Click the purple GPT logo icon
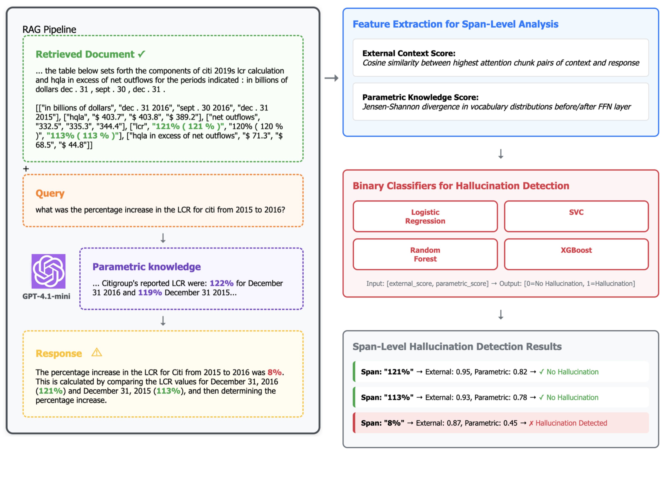[x=49, y=271]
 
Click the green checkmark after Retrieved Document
[x=141, y=54]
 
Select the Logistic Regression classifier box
[x=425, y=216]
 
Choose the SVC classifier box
[x=576, y=216]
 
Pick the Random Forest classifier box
[x=425, y=254]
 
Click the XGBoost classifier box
[x=576, y=254]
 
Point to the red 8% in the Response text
[x=274, y=372]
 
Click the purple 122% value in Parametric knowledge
[x=221, y=283]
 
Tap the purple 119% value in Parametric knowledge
[x=150, y=293]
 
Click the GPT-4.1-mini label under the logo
[x=47, y=296]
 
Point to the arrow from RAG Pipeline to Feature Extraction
[x=331, y=78]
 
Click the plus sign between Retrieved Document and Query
[x=26, y=169]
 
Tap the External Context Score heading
[x=409, y=53]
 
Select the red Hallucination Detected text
[x=571, y=423]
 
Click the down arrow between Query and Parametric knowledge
[x=163, y=238]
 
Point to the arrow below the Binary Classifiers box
[x=500, y=314]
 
